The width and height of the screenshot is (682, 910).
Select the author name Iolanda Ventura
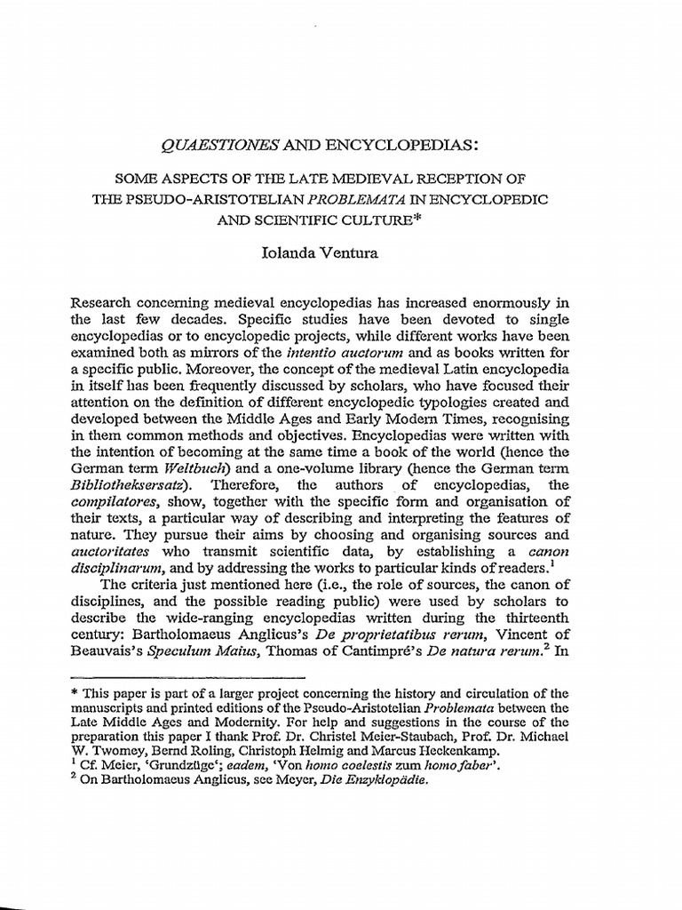(x=340, y=254)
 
